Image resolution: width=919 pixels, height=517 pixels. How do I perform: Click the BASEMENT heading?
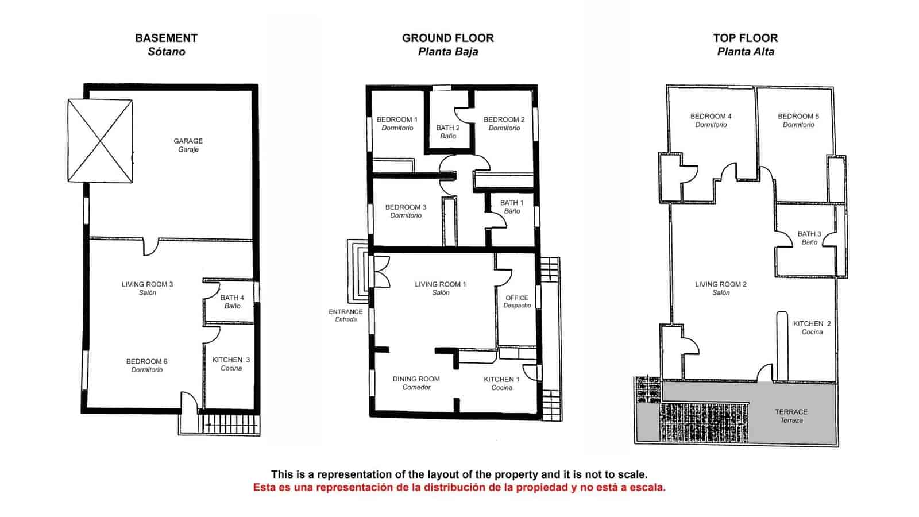click(x=166, y=38)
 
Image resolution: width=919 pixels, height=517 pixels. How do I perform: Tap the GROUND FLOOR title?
click(x=447, y=38)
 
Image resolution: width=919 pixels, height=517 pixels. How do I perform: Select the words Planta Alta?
click(x=746, y=52)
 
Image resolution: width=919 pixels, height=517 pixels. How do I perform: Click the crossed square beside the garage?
click(x=101, y=141)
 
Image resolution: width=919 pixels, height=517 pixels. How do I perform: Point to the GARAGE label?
click(x=188, y=141)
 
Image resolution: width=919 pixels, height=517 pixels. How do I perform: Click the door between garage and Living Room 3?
click(x=150, y=247)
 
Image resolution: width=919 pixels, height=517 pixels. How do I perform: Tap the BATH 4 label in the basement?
click(x=232, y=298)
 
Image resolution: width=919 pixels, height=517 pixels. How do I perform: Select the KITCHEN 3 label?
click(x=231, y=360)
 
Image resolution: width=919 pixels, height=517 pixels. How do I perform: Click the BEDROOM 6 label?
click(x=146, y=362)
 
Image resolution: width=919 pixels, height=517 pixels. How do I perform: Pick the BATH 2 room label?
click(x=447, y=128)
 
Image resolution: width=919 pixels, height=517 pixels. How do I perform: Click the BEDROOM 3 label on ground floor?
click(x=406, y=207)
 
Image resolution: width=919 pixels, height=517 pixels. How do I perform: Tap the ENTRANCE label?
click(x=346, y=312)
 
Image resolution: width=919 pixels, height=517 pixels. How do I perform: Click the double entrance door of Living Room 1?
click(x=381, y=271)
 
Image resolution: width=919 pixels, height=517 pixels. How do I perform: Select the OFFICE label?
click(x=517, y=298)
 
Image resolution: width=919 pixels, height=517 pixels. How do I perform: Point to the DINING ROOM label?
click(x=416, y=379)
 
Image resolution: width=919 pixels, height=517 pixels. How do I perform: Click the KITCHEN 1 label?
click(x=501, y=380)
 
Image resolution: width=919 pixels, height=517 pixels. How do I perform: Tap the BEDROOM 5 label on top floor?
click(x=798, y=117)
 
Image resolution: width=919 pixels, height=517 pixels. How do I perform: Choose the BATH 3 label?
click(x=809, y=234)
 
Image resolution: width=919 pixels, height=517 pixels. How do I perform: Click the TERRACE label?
click(x=791, y=412)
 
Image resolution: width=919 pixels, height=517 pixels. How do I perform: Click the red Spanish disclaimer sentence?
click(x=459, y=488)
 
